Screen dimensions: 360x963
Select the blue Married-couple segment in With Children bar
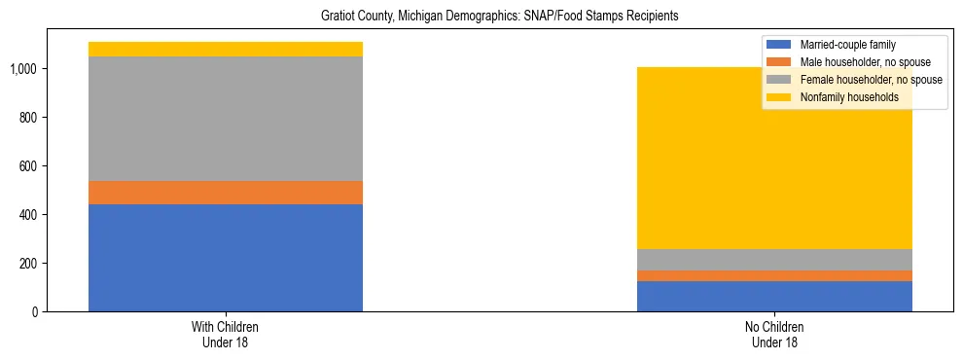point(226,258)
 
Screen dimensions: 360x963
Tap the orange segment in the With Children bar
point(226,193)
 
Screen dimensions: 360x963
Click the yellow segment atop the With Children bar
point(226,49)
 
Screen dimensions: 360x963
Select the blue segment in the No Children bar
point(774,296)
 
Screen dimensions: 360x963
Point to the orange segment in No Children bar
point(774,275)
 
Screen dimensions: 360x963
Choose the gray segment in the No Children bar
point(774,260)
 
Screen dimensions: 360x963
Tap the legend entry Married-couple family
point(847,45)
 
